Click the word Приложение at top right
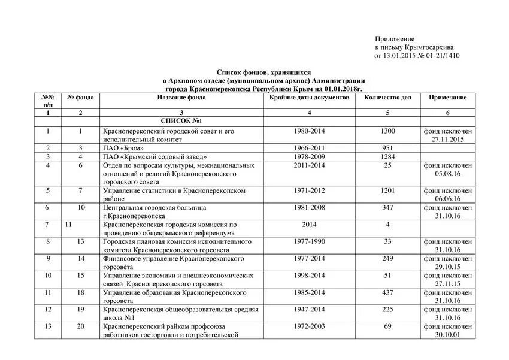[x=395, y=38]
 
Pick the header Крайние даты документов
[x=309, y=97]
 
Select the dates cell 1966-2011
[x=310, y=148]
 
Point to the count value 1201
[x=388, y=191]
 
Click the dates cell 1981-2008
[x=310, y=208]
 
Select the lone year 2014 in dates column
[x=310, y=225]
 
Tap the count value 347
[x=388, y=208]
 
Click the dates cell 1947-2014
[x=310, y=310]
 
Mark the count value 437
[x=388, y=293]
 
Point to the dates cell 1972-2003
[x=310, y=326]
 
